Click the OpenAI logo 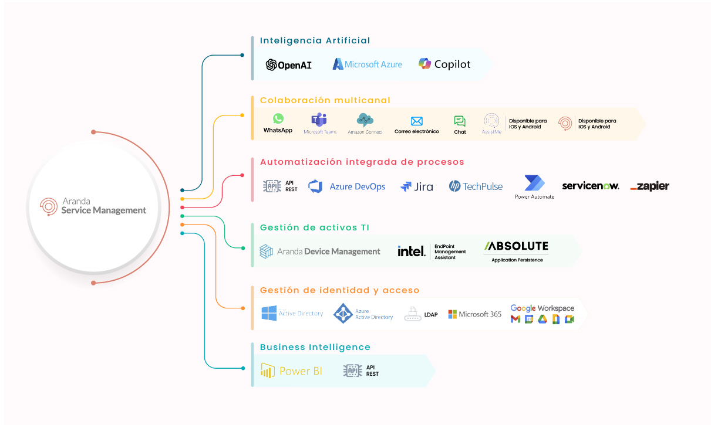[288, 64]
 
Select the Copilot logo [444, 64]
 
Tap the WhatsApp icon [278, 119]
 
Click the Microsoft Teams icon [319, 120]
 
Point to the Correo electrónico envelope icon [417, 121]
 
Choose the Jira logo [417, 187]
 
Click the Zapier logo [649, 186]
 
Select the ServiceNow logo [590, 186]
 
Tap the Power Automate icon [534, 183]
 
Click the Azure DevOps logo [347, 186]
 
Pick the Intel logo [411, 251]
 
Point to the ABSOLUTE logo [517, 246]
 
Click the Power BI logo [292, 370]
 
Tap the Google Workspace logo [542, 308]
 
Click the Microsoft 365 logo [475, 314]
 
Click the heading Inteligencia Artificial [315, 40]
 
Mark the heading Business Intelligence [315, 347]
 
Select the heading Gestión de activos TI [315, 227]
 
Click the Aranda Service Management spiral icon [49, 206]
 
